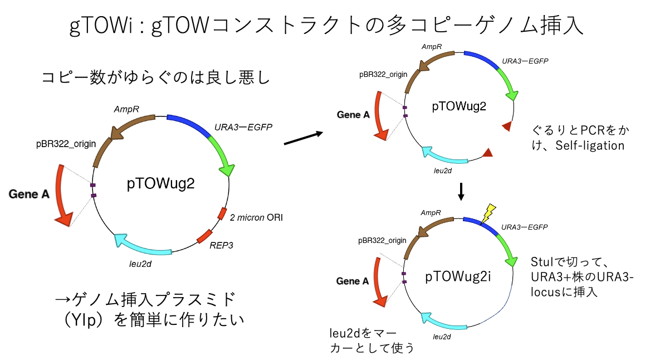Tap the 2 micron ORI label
pos(256,217)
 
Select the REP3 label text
pos(221,244)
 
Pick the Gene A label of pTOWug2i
pos(353,281)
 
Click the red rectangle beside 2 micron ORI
pos(222,213)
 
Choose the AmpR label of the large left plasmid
pos(126,110)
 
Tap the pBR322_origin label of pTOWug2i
pos(383,241)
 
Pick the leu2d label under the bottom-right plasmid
pos(442,337)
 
